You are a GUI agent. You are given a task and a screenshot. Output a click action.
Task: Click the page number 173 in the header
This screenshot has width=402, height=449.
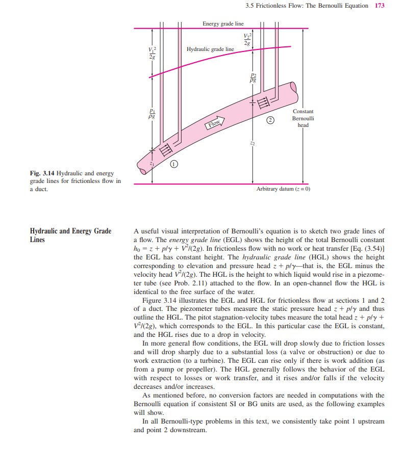pyautogui.click(x=380, y=6)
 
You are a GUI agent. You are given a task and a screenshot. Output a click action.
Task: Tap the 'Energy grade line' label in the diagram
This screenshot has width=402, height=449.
pyautogui.click(x=223, y=24)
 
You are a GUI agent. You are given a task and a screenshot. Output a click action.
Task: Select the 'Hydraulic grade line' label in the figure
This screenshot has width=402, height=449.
pyautogui.click(x=210, y=49)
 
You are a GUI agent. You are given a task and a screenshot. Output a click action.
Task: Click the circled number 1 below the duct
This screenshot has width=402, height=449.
pyautogui.click(x=173, y=164)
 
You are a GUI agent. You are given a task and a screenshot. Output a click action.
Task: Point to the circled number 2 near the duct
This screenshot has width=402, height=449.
pyautogui.click(x=271, y=120)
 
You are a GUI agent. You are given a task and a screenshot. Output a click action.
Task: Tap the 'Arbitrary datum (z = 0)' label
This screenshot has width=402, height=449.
pyautogui.click(x=283, y=189)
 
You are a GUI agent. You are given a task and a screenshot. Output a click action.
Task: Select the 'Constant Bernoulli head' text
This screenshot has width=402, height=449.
pyautogui.click(x=303, y=118)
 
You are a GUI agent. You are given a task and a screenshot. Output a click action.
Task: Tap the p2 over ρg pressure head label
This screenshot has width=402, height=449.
pyautogui.click(x=253, y=77)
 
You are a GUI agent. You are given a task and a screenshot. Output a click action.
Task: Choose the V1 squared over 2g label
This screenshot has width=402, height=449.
pyautogui.click(x=151, y=53)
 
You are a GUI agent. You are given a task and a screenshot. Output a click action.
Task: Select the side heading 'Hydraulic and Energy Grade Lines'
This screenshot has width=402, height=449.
pyautogui.click(x=70, y=235)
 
